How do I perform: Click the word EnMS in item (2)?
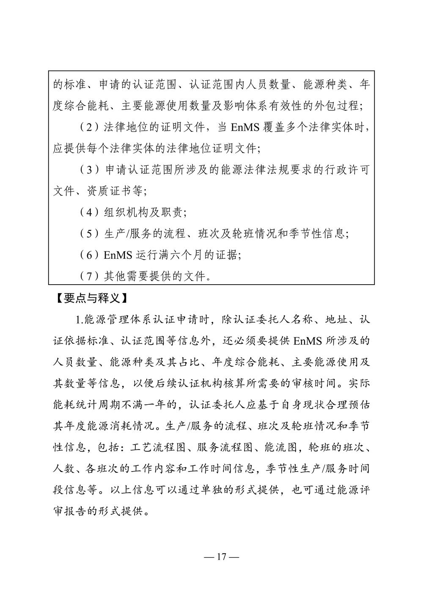(x=245, y=127)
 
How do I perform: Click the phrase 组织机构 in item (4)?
(x=125, y=212)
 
